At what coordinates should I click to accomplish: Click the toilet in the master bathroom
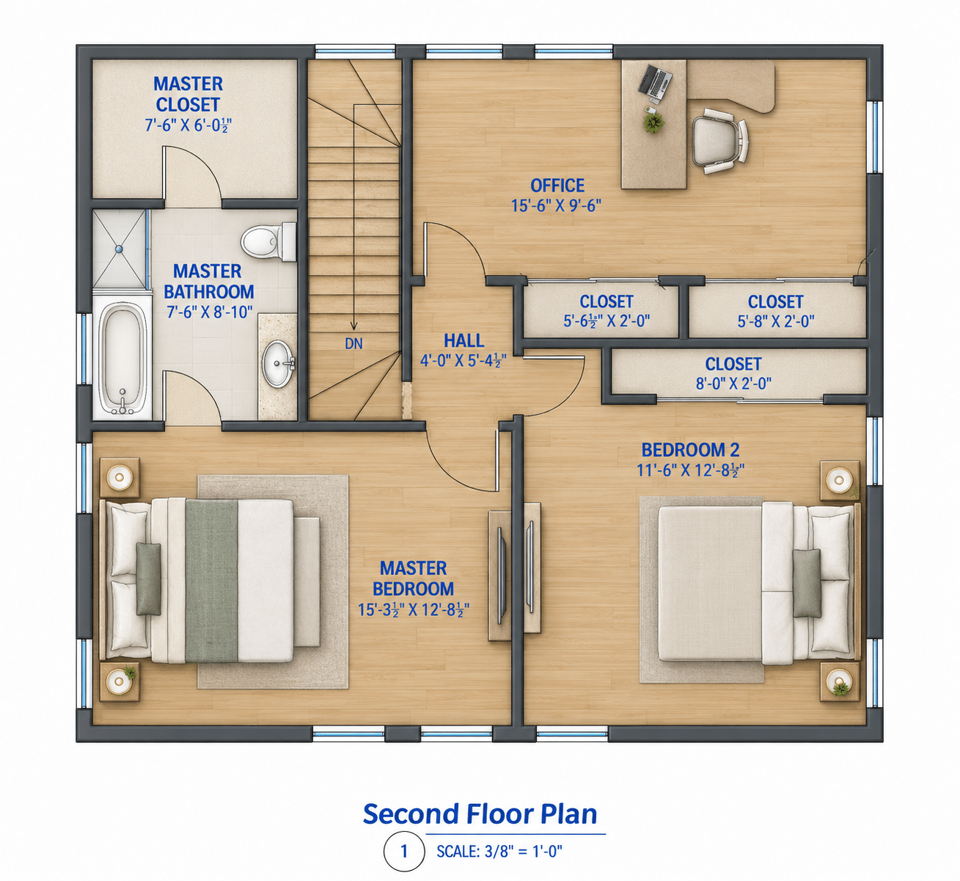[268, 242]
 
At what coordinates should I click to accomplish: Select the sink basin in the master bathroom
[277, 363]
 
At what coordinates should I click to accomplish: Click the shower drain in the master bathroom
[118, 249]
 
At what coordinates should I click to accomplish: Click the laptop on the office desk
[656, 82]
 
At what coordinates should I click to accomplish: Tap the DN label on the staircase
[353, 344]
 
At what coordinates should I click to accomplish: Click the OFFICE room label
[557, 186]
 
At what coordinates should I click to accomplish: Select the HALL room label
[463, 341]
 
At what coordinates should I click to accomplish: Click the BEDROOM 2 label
[690, 450]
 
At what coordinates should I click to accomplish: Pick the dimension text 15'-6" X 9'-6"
[556, 206]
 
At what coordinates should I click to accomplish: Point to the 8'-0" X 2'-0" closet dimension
[733, 384]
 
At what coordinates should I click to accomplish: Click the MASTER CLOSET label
[188, 95]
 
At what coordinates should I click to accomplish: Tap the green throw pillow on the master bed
[149, 578]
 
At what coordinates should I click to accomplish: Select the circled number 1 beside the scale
[404, 852]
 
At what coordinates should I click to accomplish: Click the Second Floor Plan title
[480, 814]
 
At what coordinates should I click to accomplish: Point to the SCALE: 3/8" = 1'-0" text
[499, 852]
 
